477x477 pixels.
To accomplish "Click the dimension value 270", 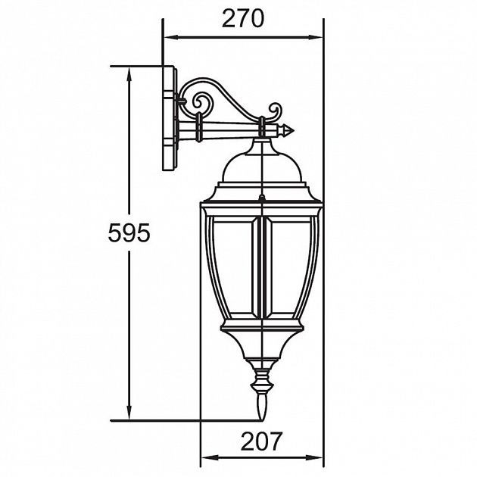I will pos(242,18).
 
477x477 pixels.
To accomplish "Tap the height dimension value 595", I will pos(128,234).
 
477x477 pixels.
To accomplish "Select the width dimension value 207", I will pos(261,441).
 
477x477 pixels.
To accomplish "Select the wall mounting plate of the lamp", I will pos(170,119).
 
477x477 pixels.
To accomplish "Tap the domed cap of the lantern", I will pos(260,163).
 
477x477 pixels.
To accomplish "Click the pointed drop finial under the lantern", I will pos(261,409).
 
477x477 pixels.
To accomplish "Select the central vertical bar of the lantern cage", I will pos(261,265).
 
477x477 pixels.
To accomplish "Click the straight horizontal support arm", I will pos(227,132).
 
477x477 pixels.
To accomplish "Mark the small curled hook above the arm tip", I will pos(273,111).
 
